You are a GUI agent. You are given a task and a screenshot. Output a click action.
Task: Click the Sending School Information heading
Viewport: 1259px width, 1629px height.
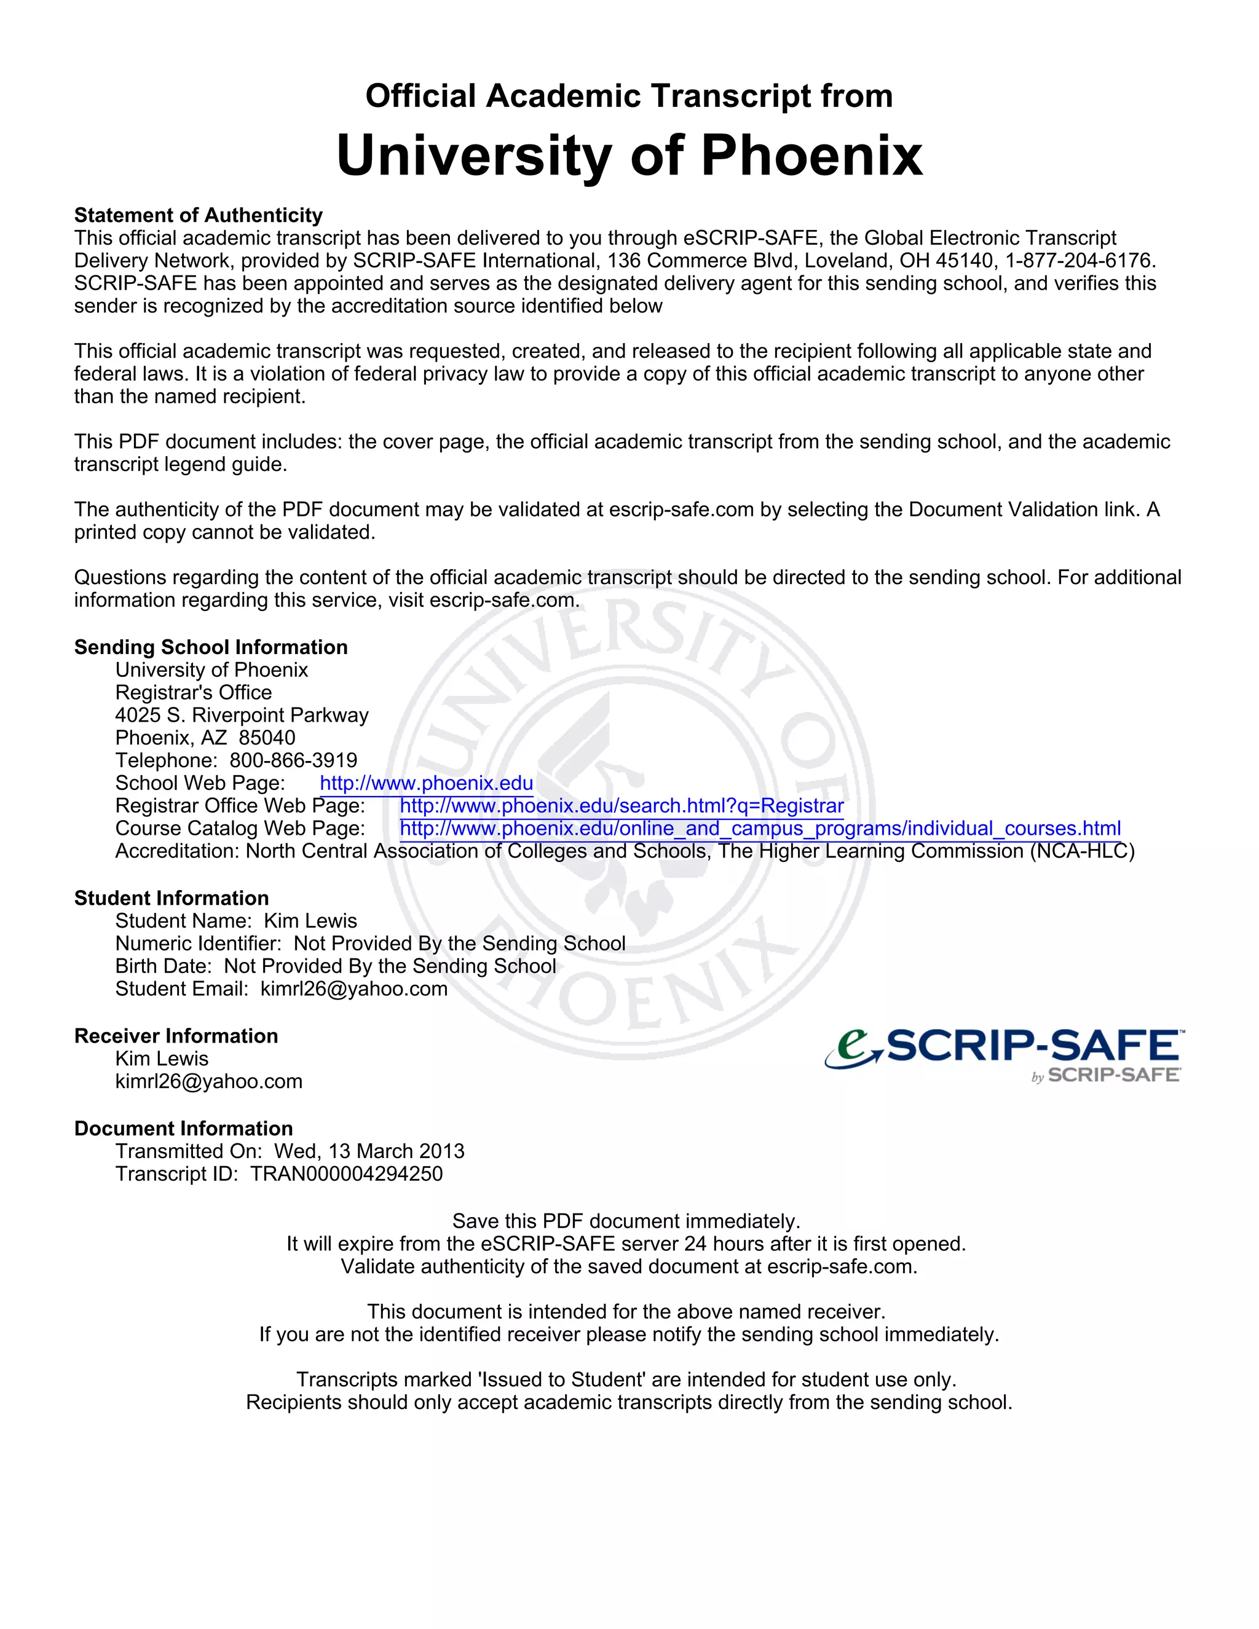(211, 647)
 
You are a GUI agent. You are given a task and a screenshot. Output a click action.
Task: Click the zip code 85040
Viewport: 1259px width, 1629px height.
(267, 738)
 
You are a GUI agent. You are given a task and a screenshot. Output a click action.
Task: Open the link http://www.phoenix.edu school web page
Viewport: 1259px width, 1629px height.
(426, 783)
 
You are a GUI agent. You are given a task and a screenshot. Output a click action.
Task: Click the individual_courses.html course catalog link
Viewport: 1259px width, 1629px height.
(759, 829)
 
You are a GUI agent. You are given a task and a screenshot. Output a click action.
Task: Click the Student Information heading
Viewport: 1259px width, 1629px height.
(172, 898)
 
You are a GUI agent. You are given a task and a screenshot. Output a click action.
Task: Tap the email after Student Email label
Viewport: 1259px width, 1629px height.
(353, 988)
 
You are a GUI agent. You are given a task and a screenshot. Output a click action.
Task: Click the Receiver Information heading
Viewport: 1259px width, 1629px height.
(176, 1035)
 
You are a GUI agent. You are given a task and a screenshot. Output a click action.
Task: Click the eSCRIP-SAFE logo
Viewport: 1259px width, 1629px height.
(1004, 1053)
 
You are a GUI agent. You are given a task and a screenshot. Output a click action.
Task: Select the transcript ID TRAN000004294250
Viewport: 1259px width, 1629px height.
(346, 1173)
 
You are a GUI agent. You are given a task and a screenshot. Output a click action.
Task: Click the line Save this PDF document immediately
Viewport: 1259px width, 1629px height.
(626, 1221)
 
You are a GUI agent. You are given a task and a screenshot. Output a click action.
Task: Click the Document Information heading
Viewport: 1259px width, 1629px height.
(183, 1128)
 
